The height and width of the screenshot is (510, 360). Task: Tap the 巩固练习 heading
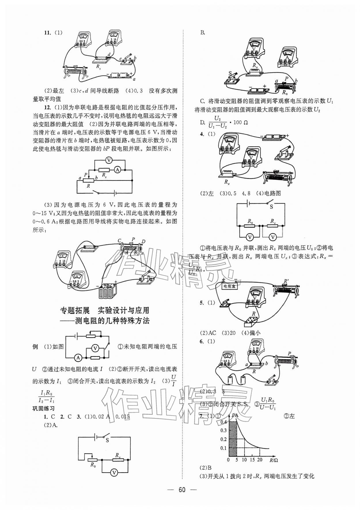[x=43, y=408]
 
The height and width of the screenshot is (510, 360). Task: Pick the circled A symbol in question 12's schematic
[x=118, y=170]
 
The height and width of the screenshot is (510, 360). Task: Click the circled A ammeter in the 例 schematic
[x=78, y=357]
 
